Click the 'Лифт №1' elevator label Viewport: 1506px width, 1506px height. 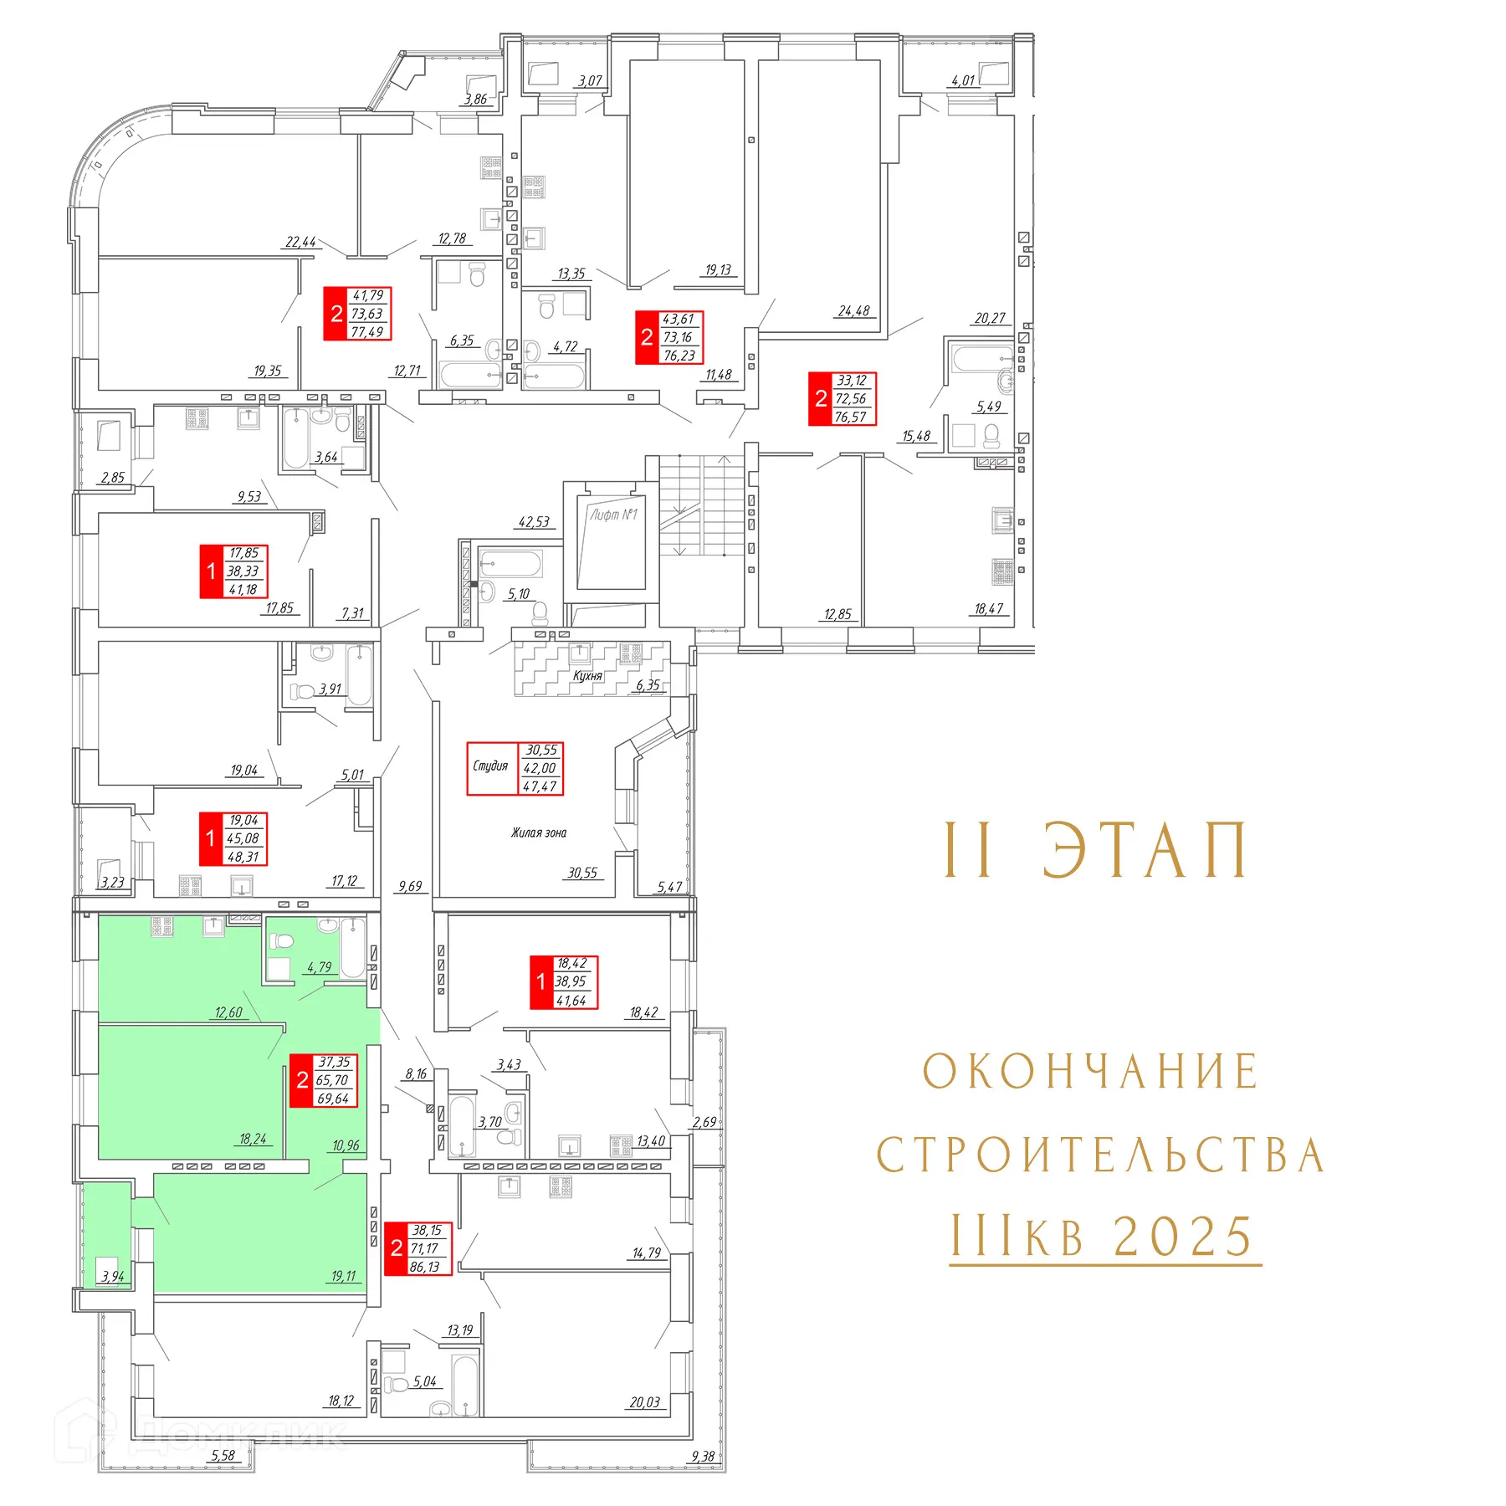[613, 515]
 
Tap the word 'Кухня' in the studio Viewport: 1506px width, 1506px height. [587, 675]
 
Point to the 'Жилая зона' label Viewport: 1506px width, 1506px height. [539, 832]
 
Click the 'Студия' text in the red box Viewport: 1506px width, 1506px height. [490, 766]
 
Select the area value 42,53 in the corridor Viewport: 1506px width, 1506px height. [534, 522]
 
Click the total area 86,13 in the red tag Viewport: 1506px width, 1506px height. [425, 1267]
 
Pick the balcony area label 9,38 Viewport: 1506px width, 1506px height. [703, 1457]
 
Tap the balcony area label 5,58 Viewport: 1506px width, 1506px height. [223, 1456]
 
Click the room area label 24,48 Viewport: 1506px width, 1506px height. [854, 311]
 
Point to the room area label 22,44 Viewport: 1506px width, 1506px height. [301, 242]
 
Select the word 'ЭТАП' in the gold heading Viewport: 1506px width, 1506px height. [1145, 850]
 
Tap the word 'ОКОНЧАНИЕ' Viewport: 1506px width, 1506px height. [1090, 1072]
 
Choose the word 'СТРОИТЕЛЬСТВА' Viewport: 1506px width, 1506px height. [1100, 1155]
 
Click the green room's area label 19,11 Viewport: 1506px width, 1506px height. [344, 1276]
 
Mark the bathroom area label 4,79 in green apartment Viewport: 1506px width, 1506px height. [319, 967]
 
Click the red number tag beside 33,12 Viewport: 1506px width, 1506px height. [821, 399]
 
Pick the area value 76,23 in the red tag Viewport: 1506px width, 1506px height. [679, 356]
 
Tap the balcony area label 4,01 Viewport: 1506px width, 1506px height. [963, 80]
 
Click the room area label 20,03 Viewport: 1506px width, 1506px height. [645, 1402]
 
